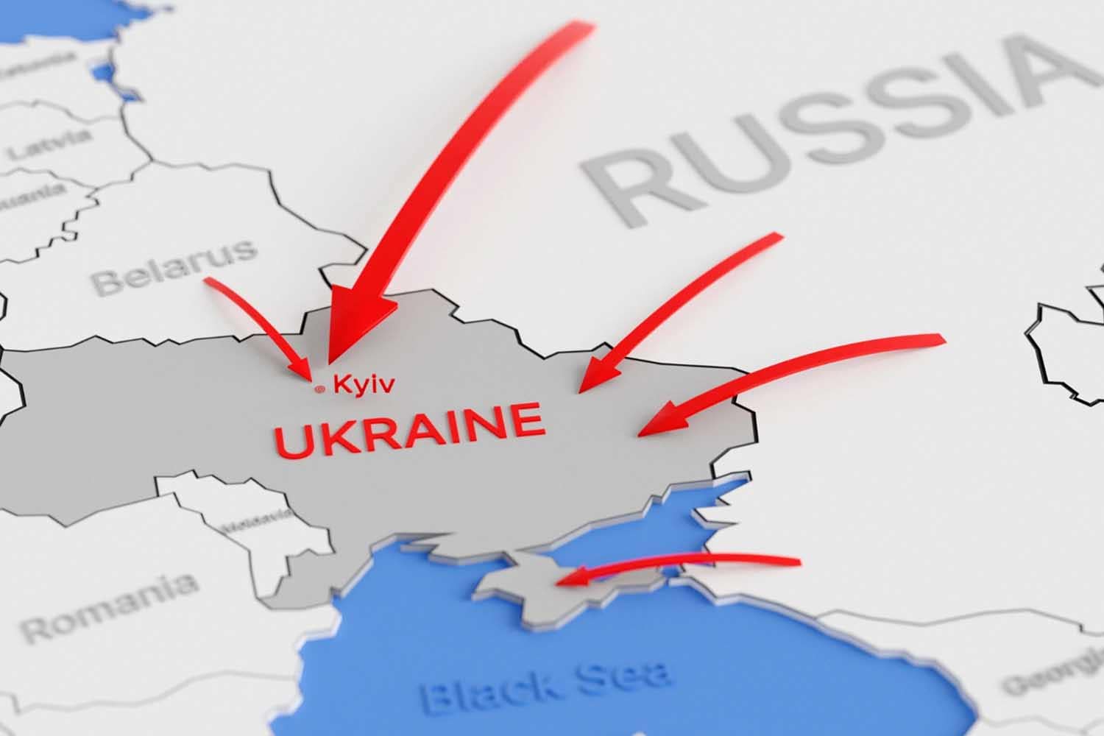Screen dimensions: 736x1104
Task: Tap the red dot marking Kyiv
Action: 319,390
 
